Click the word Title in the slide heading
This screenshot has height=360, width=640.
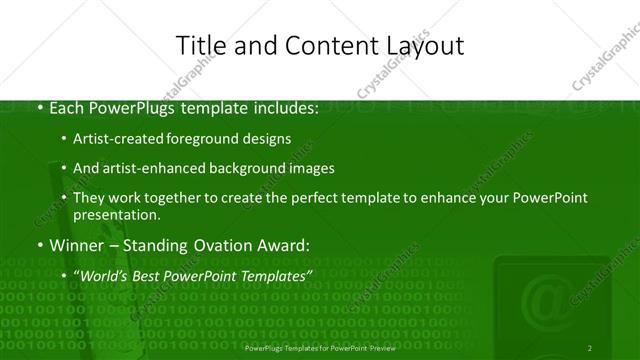[198, 45]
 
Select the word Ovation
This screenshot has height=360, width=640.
[208, 245]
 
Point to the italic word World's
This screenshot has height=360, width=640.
[104, 275]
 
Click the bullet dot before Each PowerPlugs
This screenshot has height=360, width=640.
[39, 108]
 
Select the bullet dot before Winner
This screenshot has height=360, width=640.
[39, 245]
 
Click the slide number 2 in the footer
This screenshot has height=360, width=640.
[590, 348]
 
